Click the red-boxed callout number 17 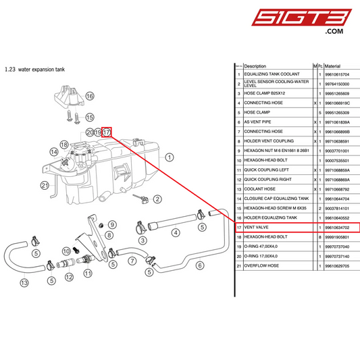pyautogui.click(x=107, y=132)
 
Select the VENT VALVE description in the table pyautogui.click(x=257, y=228)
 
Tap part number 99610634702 pyautogui.click(x=338, y=228)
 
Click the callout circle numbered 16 pyautogui.click(x=90, y=97)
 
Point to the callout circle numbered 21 pyautogui.click(x=45, y=184)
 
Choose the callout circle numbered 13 pyautogui.click(x=24, y=282)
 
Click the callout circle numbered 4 pyautogui.click(x=176, y=233)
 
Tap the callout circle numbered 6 pyautogui.click(x=200, y=265)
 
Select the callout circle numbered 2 pyautogui.click(x=157, y=199)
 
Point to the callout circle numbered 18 pyautogui.click(x=64, y=145)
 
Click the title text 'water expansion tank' pyautogui.click(x=42, y=69)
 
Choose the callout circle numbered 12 pyautogui.click(x=68, y=276)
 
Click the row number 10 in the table pyautogui.click(x=238, y=161)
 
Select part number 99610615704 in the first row pyautogui.click(x=338, y=74)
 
